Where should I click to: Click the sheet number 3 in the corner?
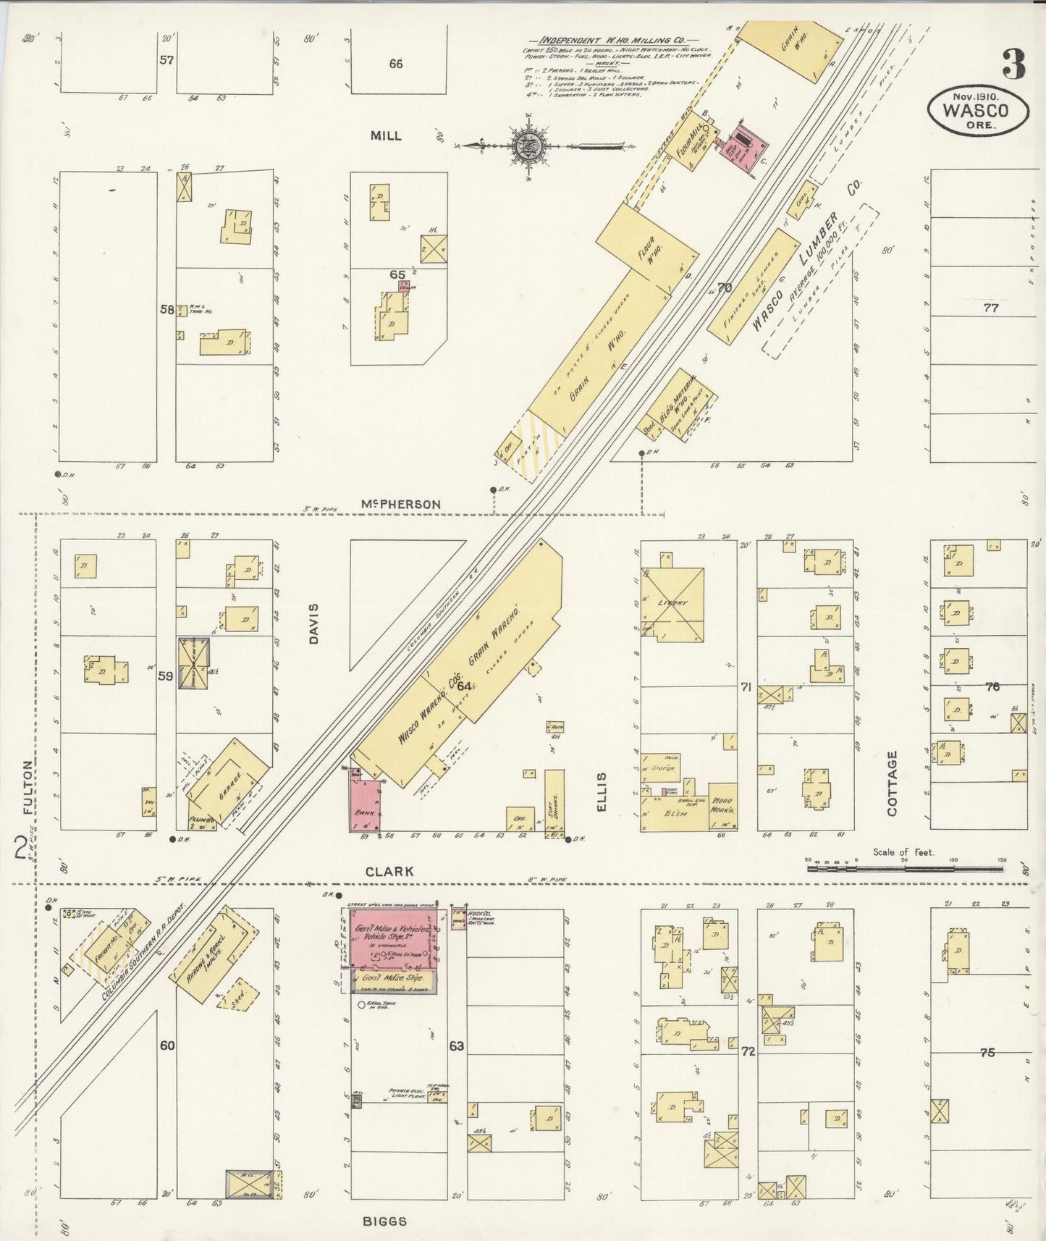pos(1013,64)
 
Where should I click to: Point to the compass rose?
pos(523,146)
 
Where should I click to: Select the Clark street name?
pos(389,871)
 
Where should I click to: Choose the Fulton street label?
pos(28,788)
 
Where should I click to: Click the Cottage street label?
pos(892,783)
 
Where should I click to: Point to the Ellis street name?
pos(602,791)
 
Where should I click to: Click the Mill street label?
pos(385,135)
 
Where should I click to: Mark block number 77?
pos(990,308)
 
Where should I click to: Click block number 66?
pos(395,64)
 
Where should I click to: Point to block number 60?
pos(167,1045)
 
